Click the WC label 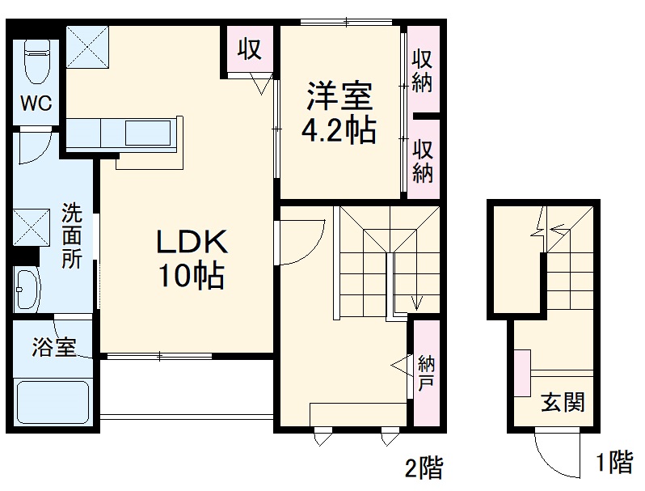[36, 104]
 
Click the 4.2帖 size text [339, 131]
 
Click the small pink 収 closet [249, 49]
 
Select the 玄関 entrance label [563, 401]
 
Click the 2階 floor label [423, 467]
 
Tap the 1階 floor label [614, 463]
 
